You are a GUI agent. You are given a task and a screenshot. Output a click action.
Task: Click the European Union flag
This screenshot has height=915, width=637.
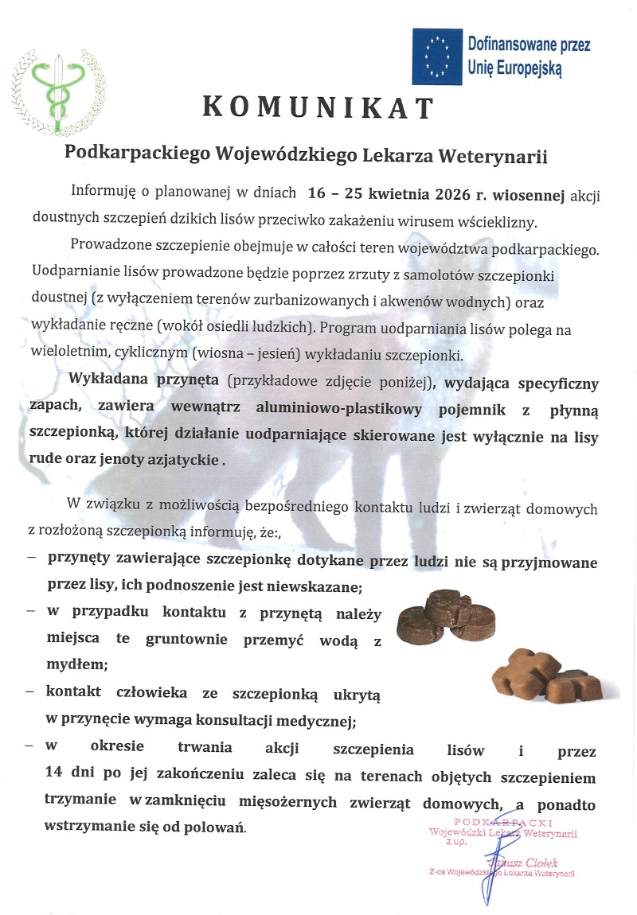pos(436,56)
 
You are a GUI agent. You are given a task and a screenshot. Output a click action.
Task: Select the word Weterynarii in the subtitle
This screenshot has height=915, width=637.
pos(498,155)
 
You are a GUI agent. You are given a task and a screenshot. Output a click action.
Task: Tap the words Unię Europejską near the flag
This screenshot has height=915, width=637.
pos(516,68)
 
